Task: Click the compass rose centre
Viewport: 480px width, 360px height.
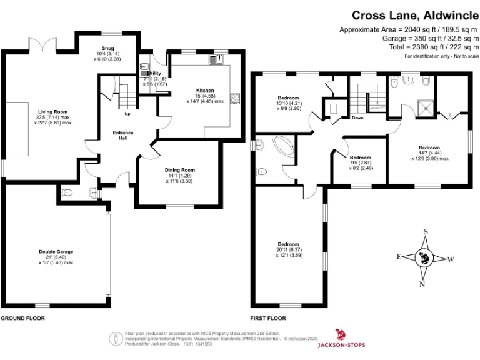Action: tap(426, 257)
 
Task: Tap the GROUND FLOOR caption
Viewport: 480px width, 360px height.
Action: tap(22, 318)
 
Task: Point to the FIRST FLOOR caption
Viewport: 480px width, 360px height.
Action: tap(267, 318)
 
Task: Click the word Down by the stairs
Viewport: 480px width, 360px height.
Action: tap(357, 117)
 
